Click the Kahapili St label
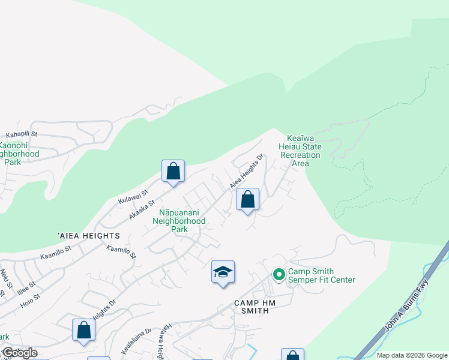22,134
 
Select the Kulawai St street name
132,194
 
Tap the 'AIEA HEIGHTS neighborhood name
89,236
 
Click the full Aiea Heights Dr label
247,172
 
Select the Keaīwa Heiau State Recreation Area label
300,151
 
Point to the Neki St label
6,277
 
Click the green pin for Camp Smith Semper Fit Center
279,275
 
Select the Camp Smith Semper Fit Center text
321,275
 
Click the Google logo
19,353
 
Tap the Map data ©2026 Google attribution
411,355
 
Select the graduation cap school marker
223,272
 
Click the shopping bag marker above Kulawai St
173,172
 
